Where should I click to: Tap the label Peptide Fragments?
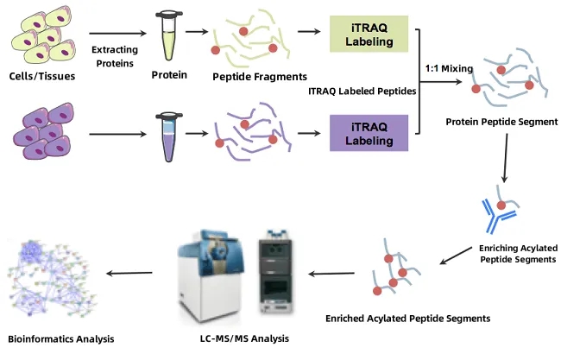pyautogui.click(x=249, y=75)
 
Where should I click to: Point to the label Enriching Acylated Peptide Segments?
pyautogui.click(x=517, y=253)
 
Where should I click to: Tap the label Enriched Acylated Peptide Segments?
pyautogui.click(x=407, y=319)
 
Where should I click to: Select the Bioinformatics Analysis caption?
pyautogui.click(x=60, y=337)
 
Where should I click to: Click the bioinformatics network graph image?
pyautogui.click(x=57, y=273)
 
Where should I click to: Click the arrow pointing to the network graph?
pyautogui.click(x=129, y=273)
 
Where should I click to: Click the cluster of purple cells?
pyautogui.click(x=46, y=131)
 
